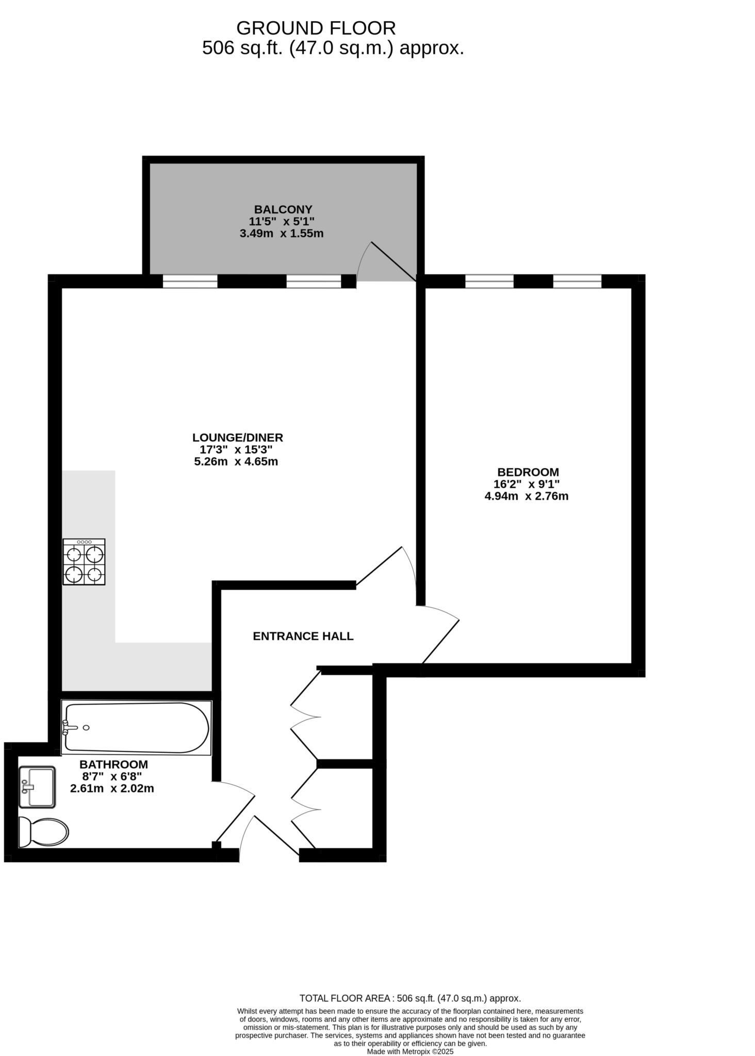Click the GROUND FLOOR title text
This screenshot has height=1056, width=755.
coord(316,28)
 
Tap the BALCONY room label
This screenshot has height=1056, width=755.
coord(283,209)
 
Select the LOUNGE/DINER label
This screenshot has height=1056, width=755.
coord(238,438)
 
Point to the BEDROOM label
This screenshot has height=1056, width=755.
coord(528,472)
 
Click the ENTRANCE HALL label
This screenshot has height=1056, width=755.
coord(303,636)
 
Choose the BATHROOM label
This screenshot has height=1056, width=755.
coord(113,765)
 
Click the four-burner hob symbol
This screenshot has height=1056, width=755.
coord(84,562)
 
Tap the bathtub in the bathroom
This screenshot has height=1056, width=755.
coord(137,727)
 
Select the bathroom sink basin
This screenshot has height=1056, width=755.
coord(37,787)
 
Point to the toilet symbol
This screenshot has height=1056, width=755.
coord(43,832)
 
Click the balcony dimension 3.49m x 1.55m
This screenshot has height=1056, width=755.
coord(282,234)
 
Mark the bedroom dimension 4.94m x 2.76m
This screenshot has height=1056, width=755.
coord(526,497)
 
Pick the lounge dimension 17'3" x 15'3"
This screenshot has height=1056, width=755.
coord(236,450)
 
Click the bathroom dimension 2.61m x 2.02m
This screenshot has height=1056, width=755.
coord(112,788)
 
